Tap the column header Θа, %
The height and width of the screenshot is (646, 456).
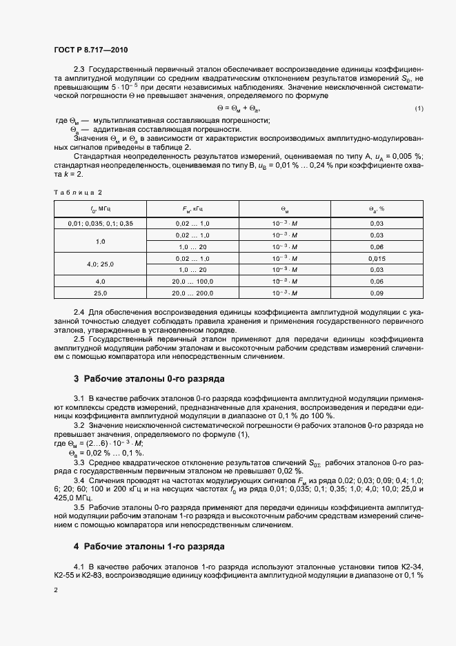[x=376, y=208]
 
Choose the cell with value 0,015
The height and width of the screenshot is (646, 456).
[x=376, y=257]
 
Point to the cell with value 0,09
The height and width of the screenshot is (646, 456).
[x=376, y=293]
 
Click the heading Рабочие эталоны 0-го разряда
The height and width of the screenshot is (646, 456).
[x=148, y=378]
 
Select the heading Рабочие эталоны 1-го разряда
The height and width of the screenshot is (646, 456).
[x=148, y=546]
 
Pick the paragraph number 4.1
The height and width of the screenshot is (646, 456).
[x=79, y=567]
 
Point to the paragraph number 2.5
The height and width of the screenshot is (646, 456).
[x=79, y=339]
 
